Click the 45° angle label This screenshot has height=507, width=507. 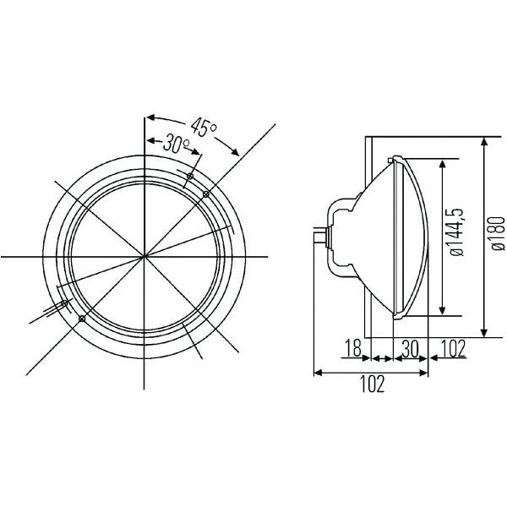pos(203,128)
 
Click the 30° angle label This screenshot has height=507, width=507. pos(176,144)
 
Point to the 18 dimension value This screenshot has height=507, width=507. pos(355,346)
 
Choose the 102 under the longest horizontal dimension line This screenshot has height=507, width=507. pos(372,385)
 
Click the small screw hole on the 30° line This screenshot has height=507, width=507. pos(191,177)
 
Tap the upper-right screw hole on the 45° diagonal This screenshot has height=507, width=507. pos(206,194)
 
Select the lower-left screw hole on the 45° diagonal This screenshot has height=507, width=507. pos(81,319)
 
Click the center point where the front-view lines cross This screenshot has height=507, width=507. pos(144,255)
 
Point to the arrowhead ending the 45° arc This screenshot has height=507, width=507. pos(237,153)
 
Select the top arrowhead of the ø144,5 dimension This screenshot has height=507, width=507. pos(441,161)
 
